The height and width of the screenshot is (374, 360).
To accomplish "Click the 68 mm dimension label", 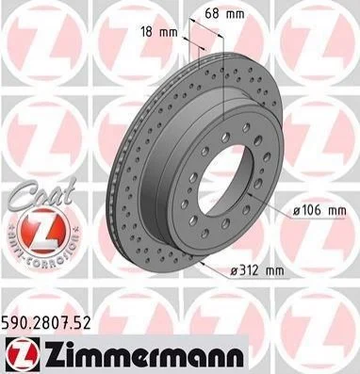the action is [224, 13].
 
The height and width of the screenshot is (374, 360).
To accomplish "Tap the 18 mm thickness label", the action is [159, 32].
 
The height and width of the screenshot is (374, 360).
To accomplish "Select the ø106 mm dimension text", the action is [319, 210].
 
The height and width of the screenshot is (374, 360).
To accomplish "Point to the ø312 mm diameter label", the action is [256, 270].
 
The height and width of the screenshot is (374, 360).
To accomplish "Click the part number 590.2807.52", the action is [46, 322].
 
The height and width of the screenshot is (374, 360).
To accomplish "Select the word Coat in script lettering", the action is [41, 195].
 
